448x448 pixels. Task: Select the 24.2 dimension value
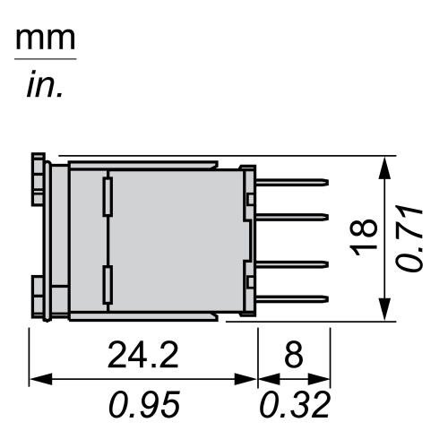(x=143, y=356)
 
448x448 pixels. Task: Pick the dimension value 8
(x=294, y=356)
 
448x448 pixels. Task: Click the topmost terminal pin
(x=292, y=183)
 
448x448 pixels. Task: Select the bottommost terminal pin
(x=292, y=297)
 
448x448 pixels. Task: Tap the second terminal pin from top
(x=292, y=216)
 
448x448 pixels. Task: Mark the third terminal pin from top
(x=292, y=263)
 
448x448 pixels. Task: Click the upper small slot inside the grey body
(x=108, y=194)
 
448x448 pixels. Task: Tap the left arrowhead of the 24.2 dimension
(x=37, y=380)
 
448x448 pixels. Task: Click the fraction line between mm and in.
(x=45, y=59)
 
